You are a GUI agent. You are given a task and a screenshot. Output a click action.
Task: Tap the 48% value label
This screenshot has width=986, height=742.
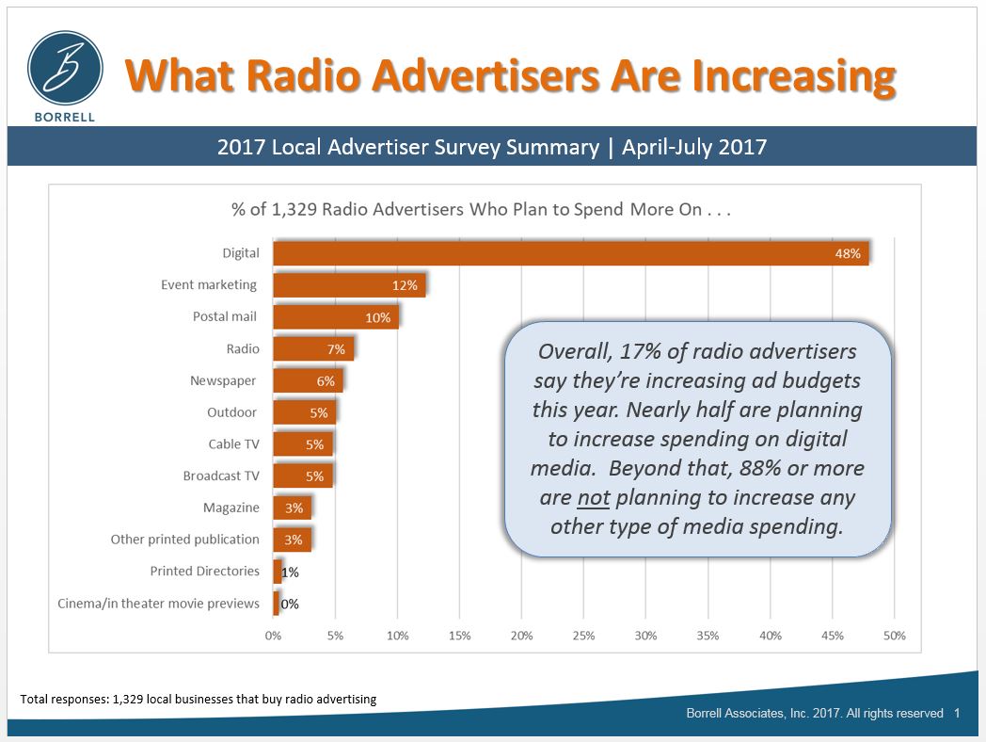coord(847,253)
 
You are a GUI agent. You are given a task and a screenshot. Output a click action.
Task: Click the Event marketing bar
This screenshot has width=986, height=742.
coord(349,285)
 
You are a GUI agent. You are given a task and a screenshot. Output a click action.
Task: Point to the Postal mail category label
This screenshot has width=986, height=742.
coord(225,316)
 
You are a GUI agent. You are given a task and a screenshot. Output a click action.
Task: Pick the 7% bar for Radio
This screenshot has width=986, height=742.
coord(313,348)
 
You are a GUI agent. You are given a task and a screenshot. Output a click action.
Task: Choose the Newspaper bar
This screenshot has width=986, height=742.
coord(308,380)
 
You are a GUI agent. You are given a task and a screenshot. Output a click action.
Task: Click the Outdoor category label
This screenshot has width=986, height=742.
coord(231,412)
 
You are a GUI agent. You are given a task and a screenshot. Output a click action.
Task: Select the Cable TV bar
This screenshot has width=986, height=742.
coord(302,444)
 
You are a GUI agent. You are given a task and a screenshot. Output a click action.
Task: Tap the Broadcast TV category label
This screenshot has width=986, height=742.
coord(221,476)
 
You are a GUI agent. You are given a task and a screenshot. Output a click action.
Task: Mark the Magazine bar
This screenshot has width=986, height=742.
coord(292,508)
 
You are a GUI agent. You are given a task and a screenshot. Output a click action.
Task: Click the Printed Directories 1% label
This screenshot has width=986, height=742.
coord(290,572)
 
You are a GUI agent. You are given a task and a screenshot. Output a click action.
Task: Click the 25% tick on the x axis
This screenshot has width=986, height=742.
coord(583,636)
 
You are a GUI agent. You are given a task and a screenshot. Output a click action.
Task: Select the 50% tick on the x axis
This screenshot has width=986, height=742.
coord(894,636)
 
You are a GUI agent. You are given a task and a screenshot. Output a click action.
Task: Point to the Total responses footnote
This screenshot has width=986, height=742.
coord(199,699)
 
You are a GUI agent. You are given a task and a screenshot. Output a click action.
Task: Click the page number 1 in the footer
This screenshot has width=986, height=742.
coord(957,714)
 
